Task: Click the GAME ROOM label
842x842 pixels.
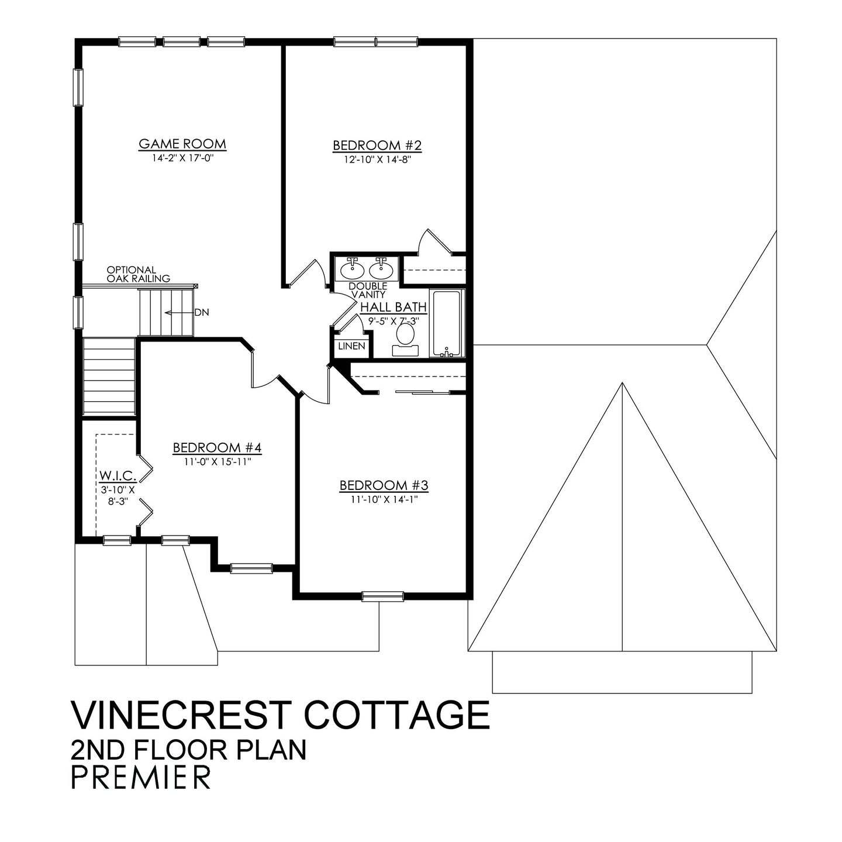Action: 182,144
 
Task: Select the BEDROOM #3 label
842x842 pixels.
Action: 384,485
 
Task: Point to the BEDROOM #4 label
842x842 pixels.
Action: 216,448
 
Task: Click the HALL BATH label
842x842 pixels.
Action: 394,308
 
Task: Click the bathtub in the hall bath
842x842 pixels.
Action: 447,323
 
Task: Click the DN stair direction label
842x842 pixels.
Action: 202,313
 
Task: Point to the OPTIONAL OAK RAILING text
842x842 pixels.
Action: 138,274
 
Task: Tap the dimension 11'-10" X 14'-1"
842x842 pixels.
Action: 384,499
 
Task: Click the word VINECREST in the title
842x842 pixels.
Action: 180,714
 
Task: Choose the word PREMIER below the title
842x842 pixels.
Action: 140,777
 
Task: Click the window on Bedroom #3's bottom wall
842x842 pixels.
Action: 382,596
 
